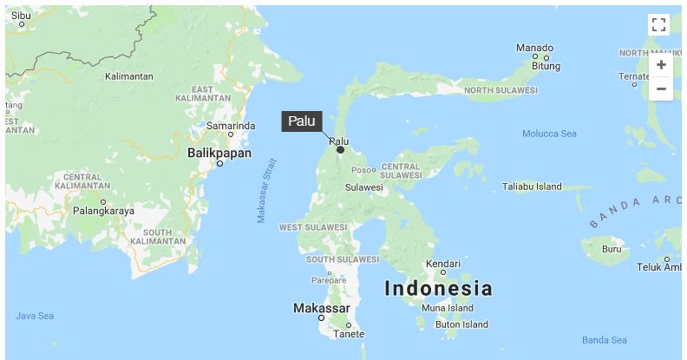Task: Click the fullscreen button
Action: [658, 24]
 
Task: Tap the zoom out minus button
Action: [661, 88]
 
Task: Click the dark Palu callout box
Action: [302, 121]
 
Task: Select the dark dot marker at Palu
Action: [340, 150]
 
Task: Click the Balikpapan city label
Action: [219, 154]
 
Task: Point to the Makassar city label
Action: [322, 309]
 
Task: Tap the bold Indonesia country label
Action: [438, 289]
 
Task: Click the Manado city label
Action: [534, 48]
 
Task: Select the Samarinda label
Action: [231, 126]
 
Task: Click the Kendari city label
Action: [442, 263]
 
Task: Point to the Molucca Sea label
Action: [549, 134]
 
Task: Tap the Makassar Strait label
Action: [266, 190]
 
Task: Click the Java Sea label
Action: [35, 316]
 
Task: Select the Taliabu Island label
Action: [532, 187]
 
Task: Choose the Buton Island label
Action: [461, 324]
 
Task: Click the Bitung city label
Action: [546, 66]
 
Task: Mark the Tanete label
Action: [349, 334]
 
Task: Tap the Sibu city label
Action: [21, 16]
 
